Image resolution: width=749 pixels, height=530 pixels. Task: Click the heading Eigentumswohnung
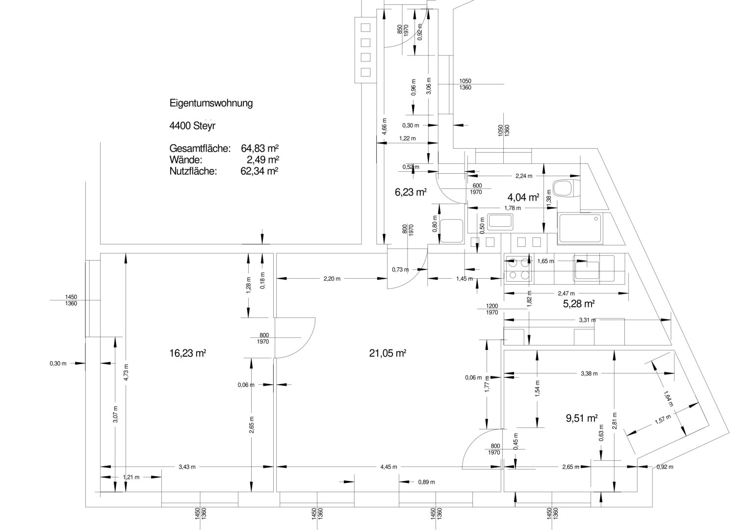click(x=211, y=104)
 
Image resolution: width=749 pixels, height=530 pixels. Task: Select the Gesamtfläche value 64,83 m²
click(x=260, y=148)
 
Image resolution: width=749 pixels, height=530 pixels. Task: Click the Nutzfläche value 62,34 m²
click(x=260, y=171)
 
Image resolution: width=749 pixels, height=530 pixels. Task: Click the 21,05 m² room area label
click(x=388, y=353)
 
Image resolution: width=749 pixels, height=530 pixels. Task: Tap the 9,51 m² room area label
click(x=582, y=418)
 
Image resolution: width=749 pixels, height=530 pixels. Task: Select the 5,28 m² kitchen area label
click(x=579, y=304)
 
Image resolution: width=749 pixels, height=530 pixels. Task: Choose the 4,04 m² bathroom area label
click(x=523, y=197)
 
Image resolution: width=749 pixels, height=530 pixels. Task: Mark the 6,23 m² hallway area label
click(x=411, y=192)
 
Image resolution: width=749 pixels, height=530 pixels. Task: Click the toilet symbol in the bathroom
click(x=566, y=187)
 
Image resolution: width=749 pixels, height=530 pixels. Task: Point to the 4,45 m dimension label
click(x=388, y=467)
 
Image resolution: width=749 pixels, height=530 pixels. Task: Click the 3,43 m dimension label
click(x=187, y=467)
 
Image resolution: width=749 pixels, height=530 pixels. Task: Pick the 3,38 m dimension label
click(x=589, y=373)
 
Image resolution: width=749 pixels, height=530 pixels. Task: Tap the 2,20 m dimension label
click(x=332, y=279)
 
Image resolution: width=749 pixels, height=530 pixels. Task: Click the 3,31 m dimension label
click(x=587, y=320)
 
